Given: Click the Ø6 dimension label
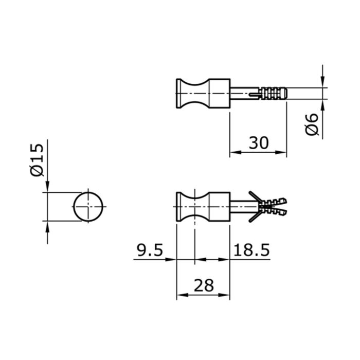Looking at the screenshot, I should [312, 125].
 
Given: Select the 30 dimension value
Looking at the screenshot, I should [259, 142].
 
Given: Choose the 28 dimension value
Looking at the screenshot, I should [203, 285].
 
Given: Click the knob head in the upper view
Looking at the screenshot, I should [203, 95].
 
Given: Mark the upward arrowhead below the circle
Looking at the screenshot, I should [47, 227].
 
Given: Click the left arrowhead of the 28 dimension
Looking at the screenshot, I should [181, 296].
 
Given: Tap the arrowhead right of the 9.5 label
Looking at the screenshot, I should [172, 259].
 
